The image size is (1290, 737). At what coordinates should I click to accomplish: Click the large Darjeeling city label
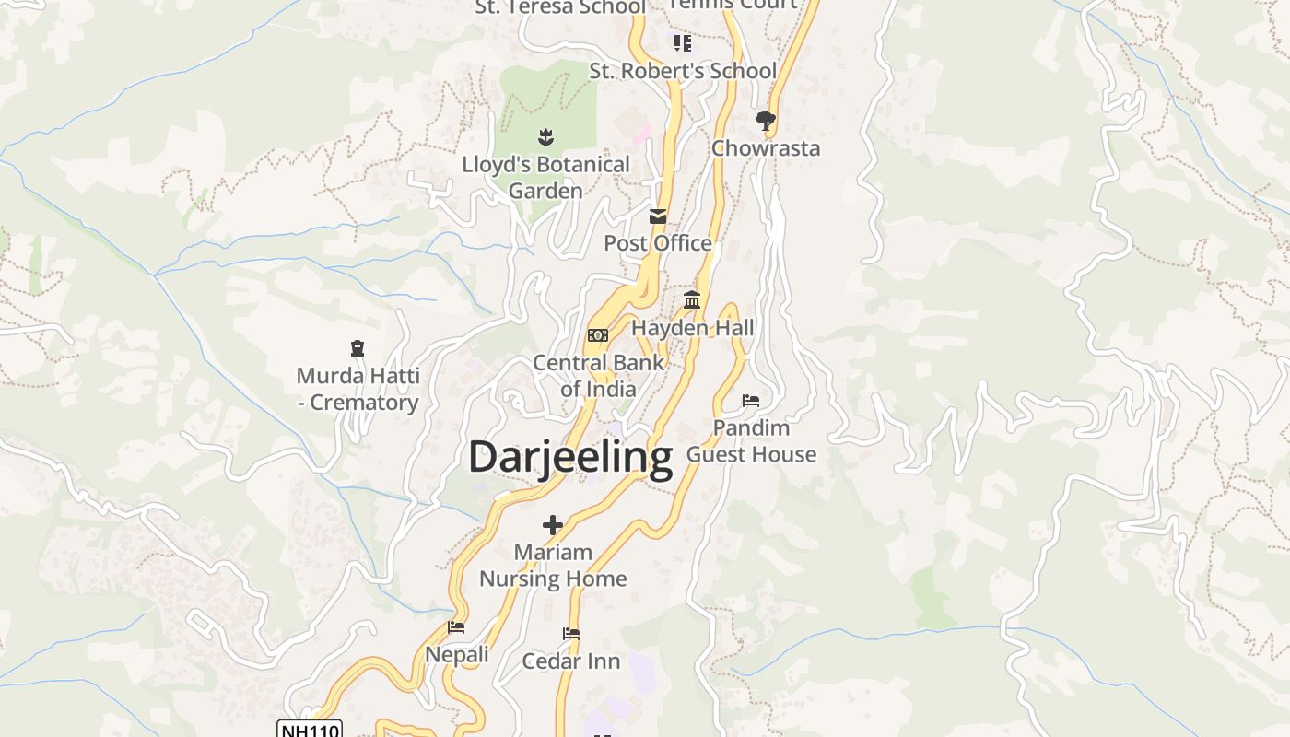click(x=570, y=457)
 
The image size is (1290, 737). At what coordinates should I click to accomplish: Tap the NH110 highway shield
click(x=310, y=730)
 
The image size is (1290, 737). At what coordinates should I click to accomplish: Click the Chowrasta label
click(x=766, y=148)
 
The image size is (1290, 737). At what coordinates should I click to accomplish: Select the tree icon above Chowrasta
click(x=765, y=120)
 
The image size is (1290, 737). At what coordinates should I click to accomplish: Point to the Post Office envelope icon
click(x=658, y=216)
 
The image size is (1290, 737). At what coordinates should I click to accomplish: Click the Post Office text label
click(x=658, y=243)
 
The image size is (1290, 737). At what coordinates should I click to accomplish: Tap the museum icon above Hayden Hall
click(x=692, y=300)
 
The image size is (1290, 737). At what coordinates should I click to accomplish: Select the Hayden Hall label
click(x=693, y=328)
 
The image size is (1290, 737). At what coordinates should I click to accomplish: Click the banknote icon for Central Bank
click(x=598, y=335)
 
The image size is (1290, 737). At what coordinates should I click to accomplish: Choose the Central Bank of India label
click(x=598, y=375)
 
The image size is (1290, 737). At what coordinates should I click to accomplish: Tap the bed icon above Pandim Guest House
click(x=751, y=401)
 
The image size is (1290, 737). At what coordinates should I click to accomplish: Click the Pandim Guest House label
click(x=752, y=440)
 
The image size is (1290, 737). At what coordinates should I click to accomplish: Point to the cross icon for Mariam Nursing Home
click(x=553, y=525)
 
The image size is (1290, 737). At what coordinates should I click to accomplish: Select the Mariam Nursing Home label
click(x=553, y=565)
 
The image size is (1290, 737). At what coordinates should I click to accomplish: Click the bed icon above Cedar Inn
click(x=571, y=634)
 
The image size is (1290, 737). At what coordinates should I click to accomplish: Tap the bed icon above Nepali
click(x=456, y=627)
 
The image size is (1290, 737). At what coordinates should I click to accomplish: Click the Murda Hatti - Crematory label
click(x=358, y=389)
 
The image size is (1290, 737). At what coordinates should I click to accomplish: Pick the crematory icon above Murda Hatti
click(x=358, y=348)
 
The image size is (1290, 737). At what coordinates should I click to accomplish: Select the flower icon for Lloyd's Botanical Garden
click(x=545, y=137)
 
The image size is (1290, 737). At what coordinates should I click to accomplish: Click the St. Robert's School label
click(x=683, y=71)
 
